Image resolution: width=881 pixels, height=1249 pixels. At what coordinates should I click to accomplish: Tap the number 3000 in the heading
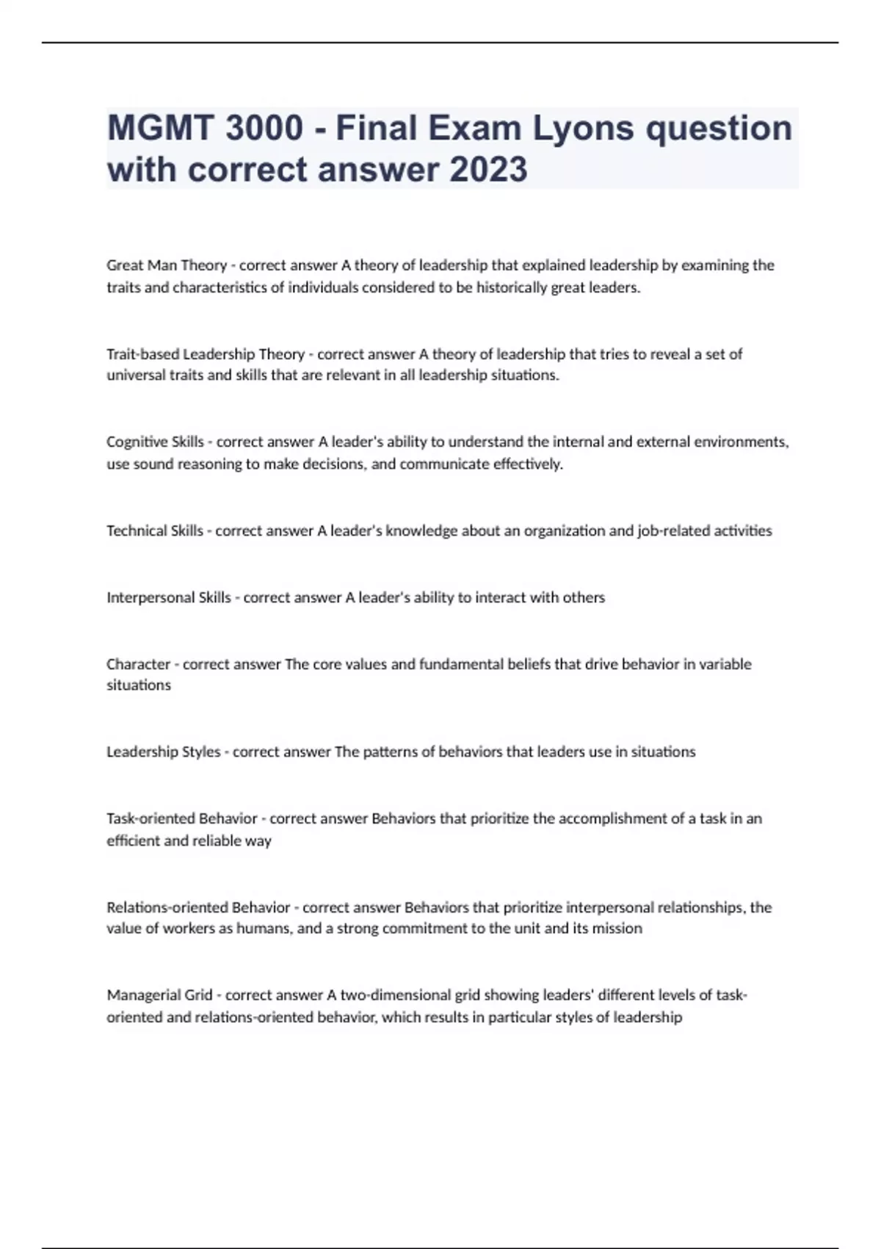point(264,128)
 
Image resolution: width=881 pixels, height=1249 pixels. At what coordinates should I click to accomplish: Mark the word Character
point(139,664)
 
